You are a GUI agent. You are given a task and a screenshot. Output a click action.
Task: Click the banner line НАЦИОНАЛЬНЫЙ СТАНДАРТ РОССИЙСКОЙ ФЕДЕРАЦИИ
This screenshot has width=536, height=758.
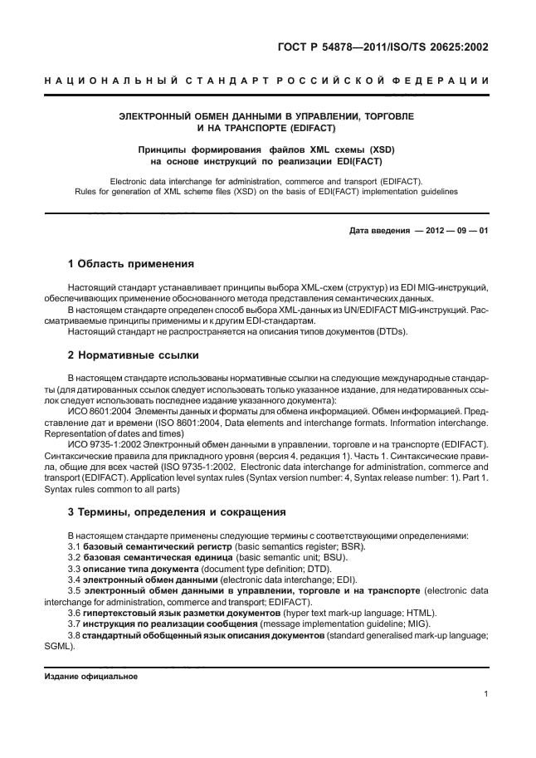[267, 81]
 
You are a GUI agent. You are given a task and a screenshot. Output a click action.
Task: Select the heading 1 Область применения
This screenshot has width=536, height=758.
[130, 265]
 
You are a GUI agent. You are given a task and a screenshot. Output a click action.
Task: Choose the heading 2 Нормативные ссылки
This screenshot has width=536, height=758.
[133, 355]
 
